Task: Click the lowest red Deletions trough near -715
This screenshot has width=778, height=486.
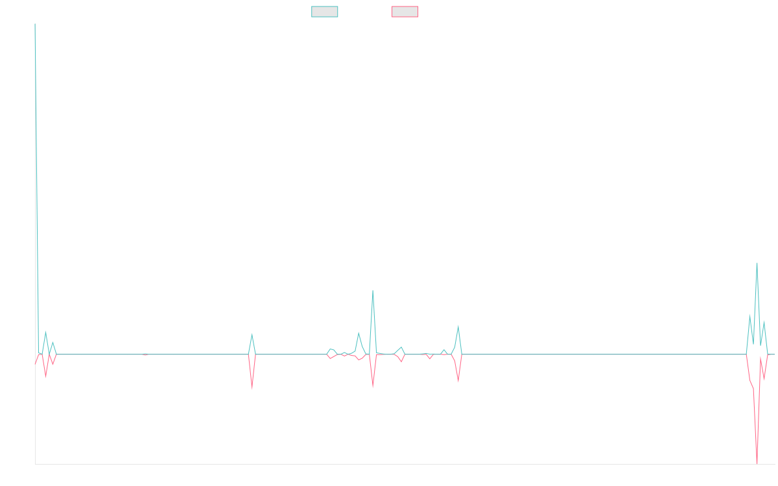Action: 757,463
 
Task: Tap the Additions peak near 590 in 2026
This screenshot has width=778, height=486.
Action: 757,263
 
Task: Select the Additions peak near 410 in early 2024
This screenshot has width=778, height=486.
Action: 373,291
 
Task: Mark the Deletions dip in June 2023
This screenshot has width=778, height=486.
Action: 252,388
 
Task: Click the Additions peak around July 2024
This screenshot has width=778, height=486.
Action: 458,325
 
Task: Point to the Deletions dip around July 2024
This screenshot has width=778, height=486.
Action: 458,382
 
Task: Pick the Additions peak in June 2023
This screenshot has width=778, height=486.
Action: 252,334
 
